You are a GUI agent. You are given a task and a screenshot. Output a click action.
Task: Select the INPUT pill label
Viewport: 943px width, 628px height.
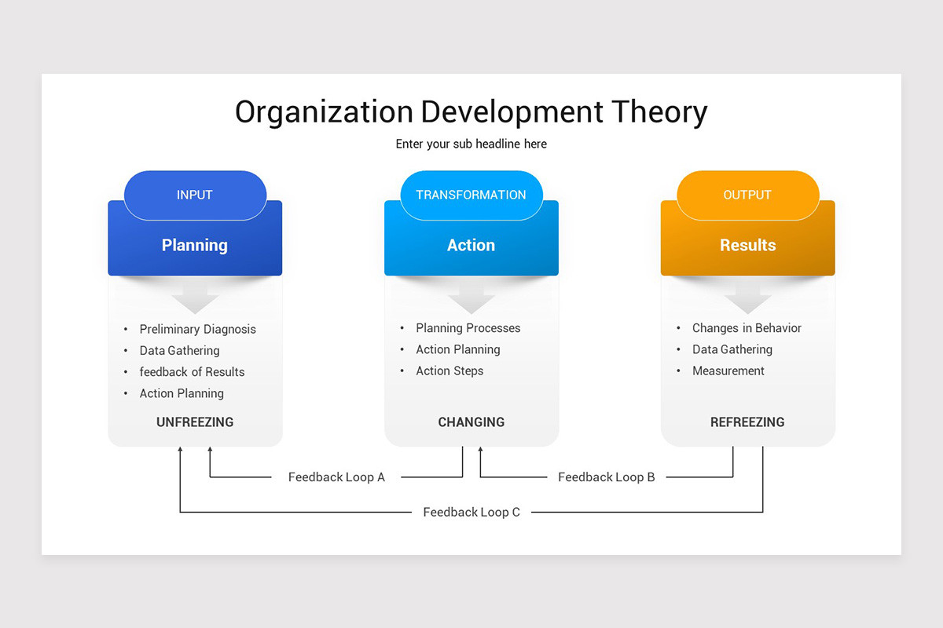click(195, 195)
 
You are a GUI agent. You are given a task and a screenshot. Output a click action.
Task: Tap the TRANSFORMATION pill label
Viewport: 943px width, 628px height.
click(471, 195)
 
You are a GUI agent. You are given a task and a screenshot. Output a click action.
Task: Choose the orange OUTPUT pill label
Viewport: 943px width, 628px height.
click(747, 195)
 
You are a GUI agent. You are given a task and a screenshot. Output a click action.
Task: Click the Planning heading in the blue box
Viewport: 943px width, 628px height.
click(195, 245)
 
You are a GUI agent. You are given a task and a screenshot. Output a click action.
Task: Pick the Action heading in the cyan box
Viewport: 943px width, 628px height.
click(471, 245)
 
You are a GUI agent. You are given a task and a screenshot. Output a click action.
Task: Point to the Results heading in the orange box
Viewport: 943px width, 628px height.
click(747, 245)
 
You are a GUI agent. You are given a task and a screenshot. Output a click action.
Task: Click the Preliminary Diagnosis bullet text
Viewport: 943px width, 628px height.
click(197, 329)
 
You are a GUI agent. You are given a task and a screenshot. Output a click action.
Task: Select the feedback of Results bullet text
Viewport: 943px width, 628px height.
click(192, 372)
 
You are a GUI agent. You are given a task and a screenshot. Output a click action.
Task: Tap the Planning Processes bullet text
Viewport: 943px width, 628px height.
click(468, 328)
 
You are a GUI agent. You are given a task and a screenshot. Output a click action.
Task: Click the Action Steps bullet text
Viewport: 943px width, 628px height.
click(449, 371)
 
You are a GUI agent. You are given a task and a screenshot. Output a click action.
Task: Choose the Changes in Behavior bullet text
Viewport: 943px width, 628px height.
click(747, 328)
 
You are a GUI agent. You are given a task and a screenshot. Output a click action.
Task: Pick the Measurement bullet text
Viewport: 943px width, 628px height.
click(728, 371)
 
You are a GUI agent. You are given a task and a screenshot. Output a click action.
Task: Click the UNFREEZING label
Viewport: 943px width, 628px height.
click(195, 422)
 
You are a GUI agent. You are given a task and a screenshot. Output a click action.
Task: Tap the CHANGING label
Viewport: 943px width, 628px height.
click(471, 422)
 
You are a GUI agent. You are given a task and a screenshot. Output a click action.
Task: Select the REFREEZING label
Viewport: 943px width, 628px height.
click(747, 422)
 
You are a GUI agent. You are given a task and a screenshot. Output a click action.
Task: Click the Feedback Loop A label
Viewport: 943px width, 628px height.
click(336, 477)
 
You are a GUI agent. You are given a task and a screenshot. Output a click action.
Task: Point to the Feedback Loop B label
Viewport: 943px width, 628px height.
click(606, 477)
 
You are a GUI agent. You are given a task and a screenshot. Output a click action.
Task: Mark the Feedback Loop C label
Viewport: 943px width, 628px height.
click(472, 513)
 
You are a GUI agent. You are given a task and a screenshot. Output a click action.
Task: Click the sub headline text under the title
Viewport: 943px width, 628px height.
click(471, 144)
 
